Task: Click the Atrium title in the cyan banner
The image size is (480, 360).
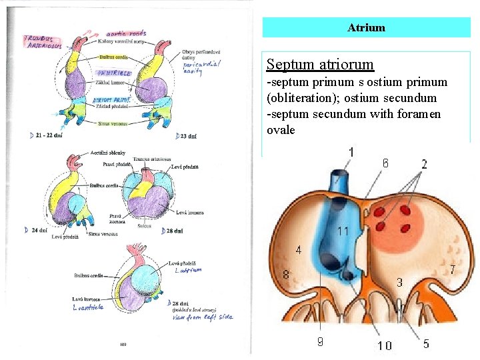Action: click(x=366, y=27)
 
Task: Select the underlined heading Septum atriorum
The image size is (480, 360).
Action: click(x=320, y=65)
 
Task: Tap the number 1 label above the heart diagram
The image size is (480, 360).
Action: click(x=351, y=153)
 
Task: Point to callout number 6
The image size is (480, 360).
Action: click(x=385, y=163)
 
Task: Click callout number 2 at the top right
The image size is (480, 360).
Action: click(x=424, y=164)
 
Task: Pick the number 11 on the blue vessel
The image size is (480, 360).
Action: click(x=343, y=231)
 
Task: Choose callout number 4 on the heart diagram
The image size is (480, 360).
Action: click(x=298, y=250)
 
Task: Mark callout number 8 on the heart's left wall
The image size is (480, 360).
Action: click(x=286, y=274)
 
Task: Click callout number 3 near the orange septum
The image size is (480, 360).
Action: click(x=399, y=282)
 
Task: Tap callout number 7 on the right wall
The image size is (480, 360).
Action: click(x=452, y=269)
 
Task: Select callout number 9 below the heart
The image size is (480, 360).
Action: click(x=321, y=342)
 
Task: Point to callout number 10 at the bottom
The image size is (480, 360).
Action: click(x=385, y=345)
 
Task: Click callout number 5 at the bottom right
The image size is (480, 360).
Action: click(x=425, y=343)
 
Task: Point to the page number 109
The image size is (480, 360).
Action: click(x=123, y=344)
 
